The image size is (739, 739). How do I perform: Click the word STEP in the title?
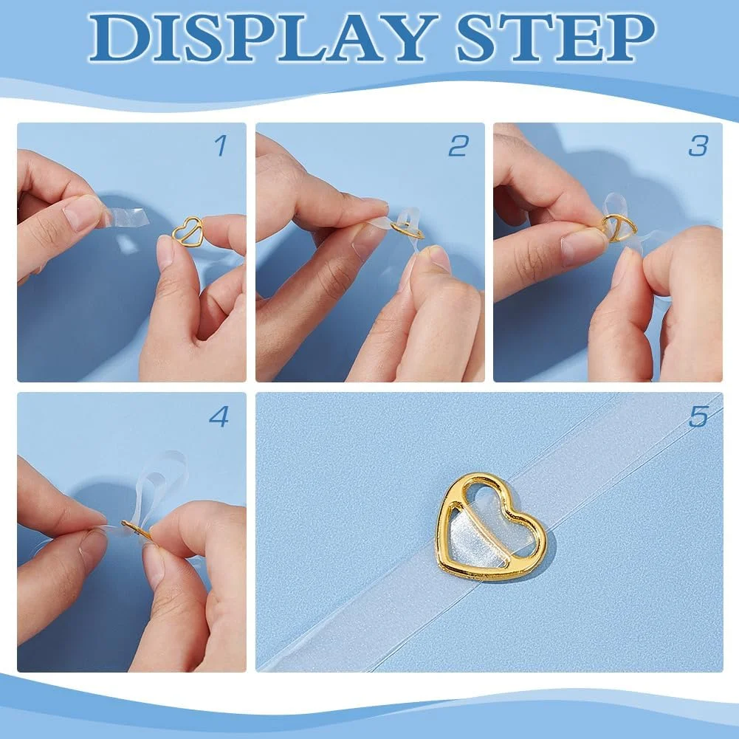click(x=556, y=38)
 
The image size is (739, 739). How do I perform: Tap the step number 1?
click(x=221, y=145)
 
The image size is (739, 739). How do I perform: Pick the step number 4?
click(x=219, y=416)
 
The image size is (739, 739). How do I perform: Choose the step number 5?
click(x=698, y=416)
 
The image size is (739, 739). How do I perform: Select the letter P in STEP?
click(x=629, y=38)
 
